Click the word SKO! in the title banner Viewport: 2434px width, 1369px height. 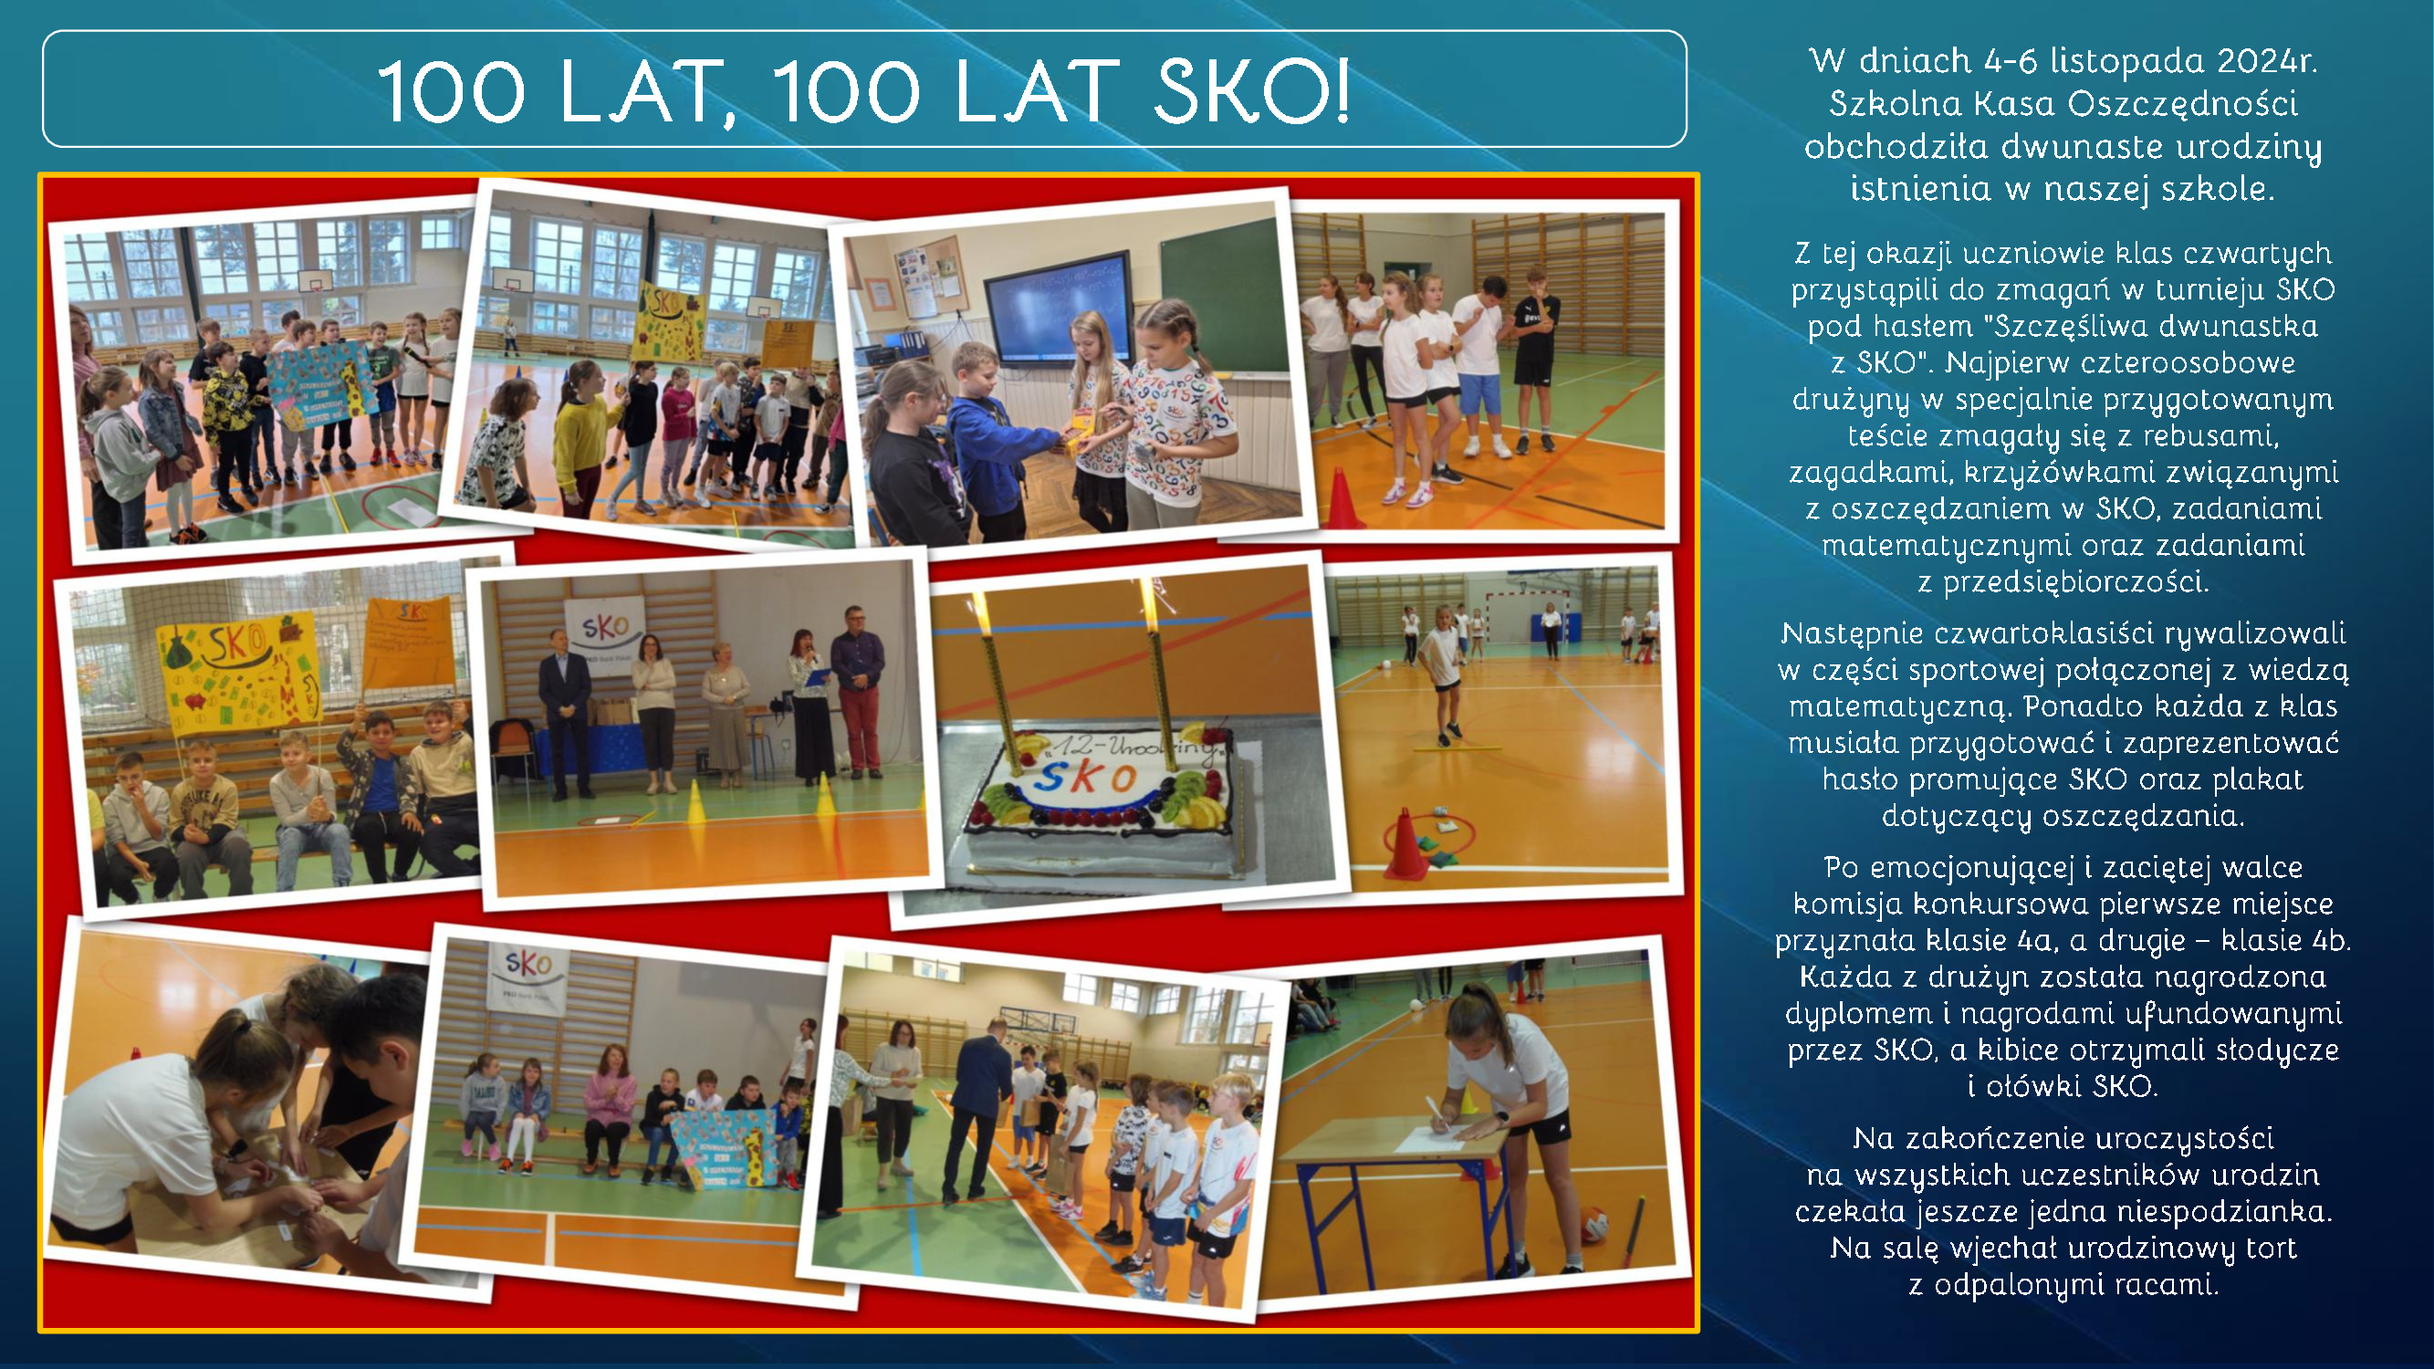tap(1253, 91)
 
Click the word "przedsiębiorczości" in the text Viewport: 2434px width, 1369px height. tap(2076, 582)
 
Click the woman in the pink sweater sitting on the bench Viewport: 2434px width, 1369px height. tap(611, 1105)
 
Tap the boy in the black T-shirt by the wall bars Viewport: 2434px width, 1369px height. tap(1534, 359)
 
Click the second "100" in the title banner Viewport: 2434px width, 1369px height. tap(846, 91)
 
